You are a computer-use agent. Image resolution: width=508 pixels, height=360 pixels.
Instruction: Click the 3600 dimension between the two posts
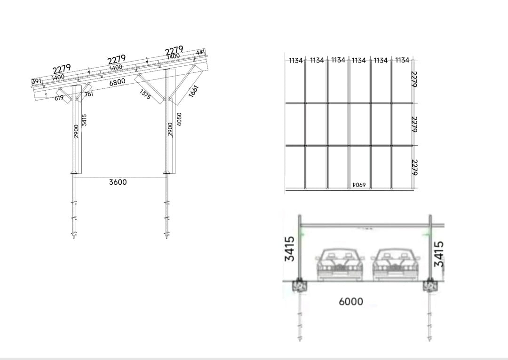pos(118,182)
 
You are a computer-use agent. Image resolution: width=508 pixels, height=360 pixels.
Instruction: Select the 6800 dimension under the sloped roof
pos(117,82)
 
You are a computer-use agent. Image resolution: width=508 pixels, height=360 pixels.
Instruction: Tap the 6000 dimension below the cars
pos(351,302)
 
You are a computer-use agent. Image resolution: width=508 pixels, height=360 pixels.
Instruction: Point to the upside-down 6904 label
pos(359,185)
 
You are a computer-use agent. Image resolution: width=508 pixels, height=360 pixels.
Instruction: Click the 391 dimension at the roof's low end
pos(36,81)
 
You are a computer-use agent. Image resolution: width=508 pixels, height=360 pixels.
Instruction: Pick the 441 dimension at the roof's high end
pos(200,52)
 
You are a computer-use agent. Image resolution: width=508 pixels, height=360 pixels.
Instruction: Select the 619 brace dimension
pos(59,98)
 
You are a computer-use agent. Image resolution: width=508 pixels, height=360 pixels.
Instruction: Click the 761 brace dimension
pos(89,94)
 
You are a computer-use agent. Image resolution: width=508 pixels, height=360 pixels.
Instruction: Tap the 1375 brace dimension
pos(145,94)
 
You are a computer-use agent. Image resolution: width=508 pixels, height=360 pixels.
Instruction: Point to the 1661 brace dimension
pos(193,91)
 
